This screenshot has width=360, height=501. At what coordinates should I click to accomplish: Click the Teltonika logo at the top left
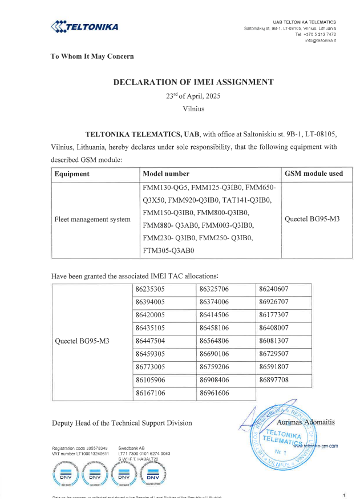[84, 26]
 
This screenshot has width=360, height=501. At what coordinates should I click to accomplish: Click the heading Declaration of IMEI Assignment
[193, 82]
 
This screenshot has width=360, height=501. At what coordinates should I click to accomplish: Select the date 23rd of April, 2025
[193, 96]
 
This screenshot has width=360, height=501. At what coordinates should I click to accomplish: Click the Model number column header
[166, 173]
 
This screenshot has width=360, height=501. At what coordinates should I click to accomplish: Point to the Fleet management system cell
[92, 219]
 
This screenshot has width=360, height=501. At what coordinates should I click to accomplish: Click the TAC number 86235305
[150, 289]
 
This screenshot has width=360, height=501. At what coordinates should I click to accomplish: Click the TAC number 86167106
[150, 393]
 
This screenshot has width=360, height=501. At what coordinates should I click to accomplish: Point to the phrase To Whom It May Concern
[92, 56]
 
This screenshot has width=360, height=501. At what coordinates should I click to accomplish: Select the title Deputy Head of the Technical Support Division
[122, 423]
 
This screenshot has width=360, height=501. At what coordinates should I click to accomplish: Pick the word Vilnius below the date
[193, 108]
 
